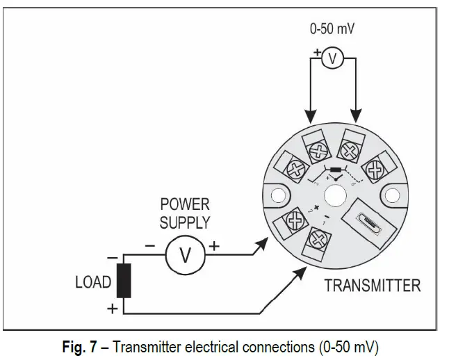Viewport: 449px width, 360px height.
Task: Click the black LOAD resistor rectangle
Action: tap(124, 281)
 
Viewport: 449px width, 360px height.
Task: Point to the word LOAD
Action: tap(93, 282)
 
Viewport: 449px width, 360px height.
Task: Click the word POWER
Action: tap(184, 205)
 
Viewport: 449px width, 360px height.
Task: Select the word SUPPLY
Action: tap(184, 222)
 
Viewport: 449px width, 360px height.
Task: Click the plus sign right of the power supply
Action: tap(215, 245)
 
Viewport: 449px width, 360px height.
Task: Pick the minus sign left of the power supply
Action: tap(149, 246)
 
